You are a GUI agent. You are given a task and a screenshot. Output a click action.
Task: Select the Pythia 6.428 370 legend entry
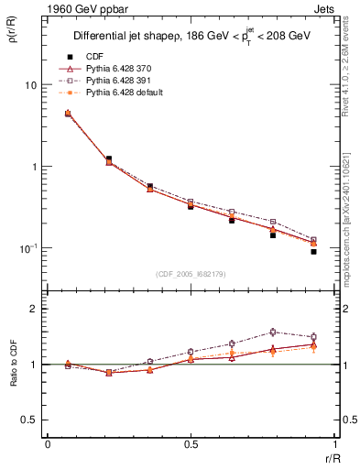coord(110,70)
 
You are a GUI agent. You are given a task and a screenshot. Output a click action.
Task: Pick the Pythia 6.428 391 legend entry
coord(110,82)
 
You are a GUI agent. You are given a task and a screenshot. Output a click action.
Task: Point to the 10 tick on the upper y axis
coord(30,85)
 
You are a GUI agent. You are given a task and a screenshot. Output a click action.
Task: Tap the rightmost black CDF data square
coord(313,251)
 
